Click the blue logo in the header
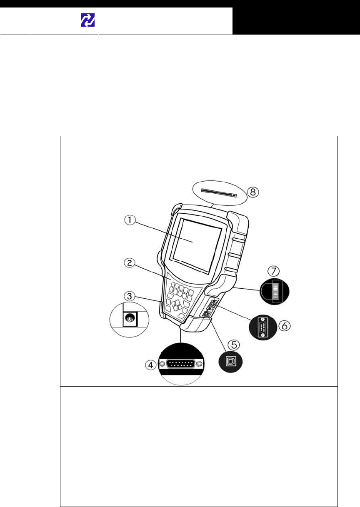87,20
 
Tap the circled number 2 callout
130,263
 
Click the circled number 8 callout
252,192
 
